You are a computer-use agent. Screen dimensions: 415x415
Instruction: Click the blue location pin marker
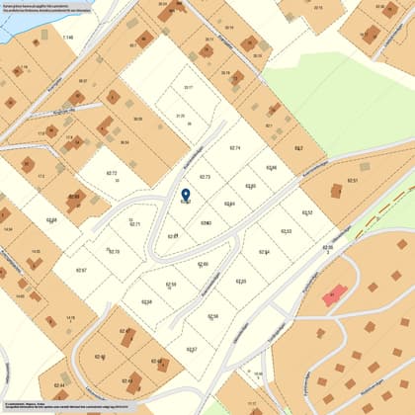click(186, 195)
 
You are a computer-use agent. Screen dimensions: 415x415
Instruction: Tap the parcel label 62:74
click(234, 147)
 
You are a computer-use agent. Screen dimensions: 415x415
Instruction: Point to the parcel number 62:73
click(205, 177)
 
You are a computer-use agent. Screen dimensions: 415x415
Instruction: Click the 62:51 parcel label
click(353, 181)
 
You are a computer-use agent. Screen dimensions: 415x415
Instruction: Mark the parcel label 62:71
click(134, 224)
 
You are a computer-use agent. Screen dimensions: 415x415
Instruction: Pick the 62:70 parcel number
click(113, 252)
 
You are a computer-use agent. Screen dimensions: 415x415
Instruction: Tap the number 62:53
click(286, 231)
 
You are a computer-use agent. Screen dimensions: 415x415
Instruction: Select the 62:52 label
click(306, 212)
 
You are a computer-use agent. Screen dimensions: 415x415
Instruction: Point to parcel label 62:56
click(212, 316)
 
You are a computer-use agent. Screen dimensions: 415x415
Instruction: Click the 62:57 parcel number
click(192, 350)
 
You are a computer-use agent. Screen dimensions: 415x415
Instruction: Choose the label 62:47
click(124, 331)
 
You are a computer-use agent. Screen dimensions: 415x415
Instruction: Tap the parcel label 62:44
click(59, 385)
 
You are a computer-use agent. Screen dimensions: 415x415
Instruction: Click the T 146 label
click(68, 37)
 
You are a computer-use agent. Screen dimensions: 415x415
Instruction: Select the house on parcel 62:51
click(334, 191)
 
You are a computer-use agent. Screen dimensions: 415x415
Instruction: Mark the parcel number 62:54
click(264, 252)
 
